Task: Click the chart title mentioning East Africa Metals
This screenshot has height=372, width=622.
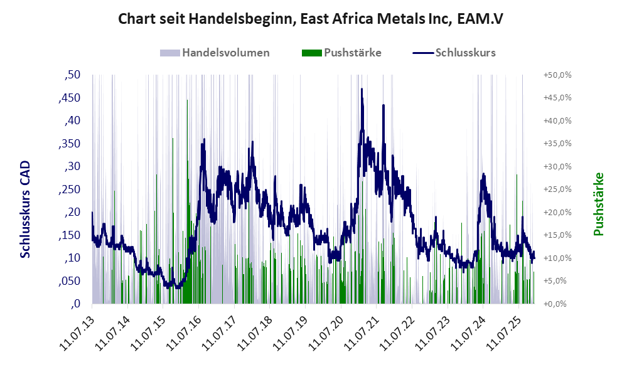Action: tap(311, 19)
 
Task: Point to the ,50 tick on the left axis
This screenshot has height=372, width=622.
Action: tap(73, 75)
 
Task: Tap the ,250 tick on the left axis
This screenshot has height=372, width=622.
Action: tap(70, 189)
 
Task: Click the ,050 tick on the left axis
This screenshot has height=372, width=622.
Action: tap(70, 281)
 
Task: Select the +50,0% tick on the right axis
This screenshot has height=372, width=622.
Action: tap(556, 75)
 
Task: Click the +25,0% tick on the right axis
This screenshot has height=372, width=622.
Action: tap(556, 189)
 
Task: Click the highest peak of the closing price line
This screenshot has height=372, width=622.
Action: tap(362, 90)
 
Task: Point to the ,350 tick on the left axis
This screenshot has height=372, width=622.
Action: tap(70, 144)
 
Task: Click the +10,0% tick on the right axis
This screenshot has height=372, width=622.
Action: tap(556, 258)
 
